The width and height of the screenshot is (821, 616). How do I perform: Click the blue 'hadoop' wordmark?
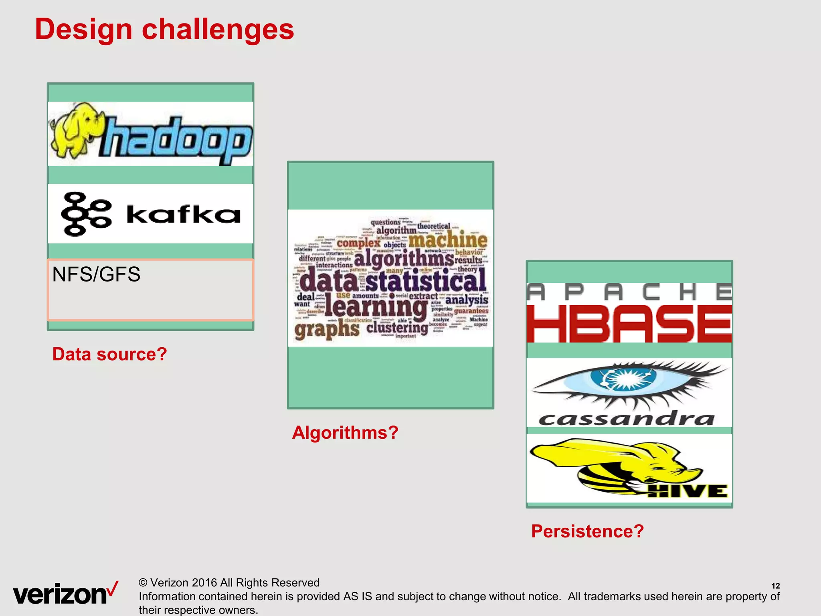pos(176,140)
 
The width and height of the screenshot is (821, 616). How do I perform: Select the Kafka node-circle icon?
pos(85,214)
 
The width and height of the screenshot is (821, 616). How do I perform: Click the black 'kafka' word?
pos(183,215)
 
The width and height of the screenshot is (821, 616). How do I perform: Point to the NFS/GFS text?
pos(96,275)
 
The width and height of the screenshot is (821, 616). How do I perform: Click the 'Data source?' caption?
pos(109,354)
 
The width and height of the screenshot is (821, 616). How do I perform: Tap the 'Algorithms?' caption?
pos(345,433)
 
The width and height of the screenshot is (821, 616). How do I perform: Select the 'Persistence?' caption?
pos(587,531)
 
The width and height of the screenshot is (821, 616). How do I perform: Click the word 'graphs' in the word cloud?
pos(327,330)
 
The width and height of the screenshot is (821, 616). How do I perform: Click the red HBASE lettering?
pos(629,323)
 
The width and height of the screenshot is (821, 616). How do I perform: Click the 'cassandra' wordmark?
pos(626,419)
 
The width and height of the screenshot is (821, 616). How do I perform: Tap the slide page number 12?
pos(775,586)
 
